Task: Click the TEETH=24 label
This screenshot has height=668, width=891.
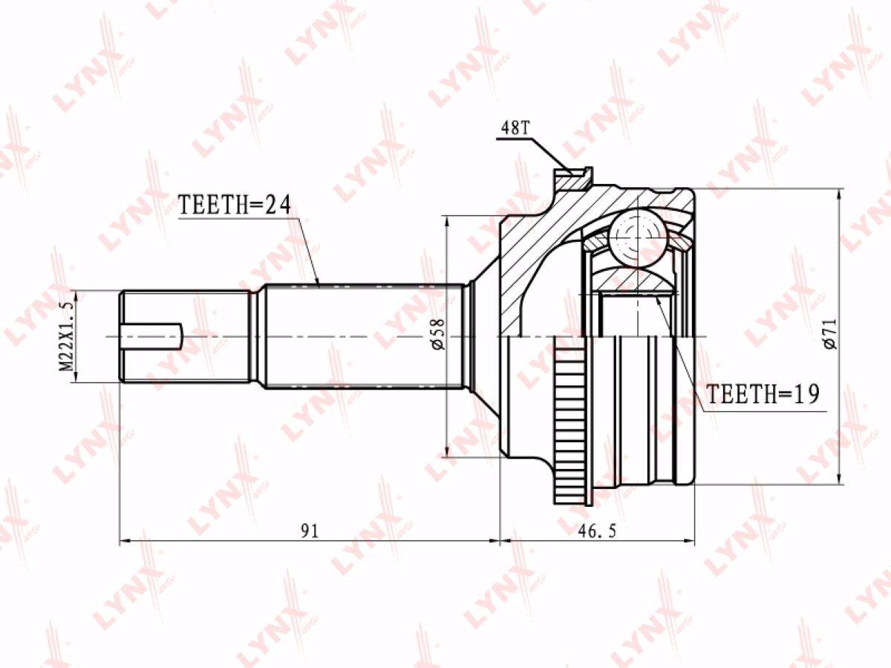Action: [x=235, y=205]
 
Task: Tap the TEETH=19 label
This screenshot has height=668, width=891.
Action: [x=763, y=393]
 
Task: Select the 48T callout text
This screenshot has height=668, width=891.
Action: [x=515, y=128]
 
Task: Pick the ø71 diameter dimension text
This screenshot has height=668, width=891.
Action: [x=831, y=334]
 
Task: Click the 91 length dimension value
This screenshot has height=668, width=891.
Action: [x=310, y=531]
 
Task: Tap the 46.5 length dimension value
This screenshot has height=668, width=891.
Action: [x=597, y=531]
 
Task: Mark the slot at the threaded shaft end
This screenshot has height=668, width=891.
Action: [x=151, y=335]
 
